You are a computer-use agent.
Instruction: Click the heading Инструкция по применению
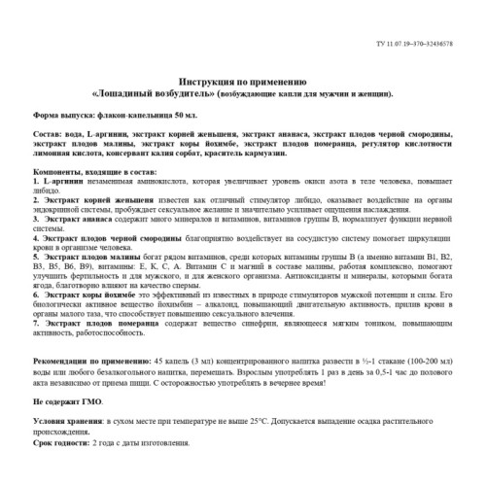click(x=243, y=84)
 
